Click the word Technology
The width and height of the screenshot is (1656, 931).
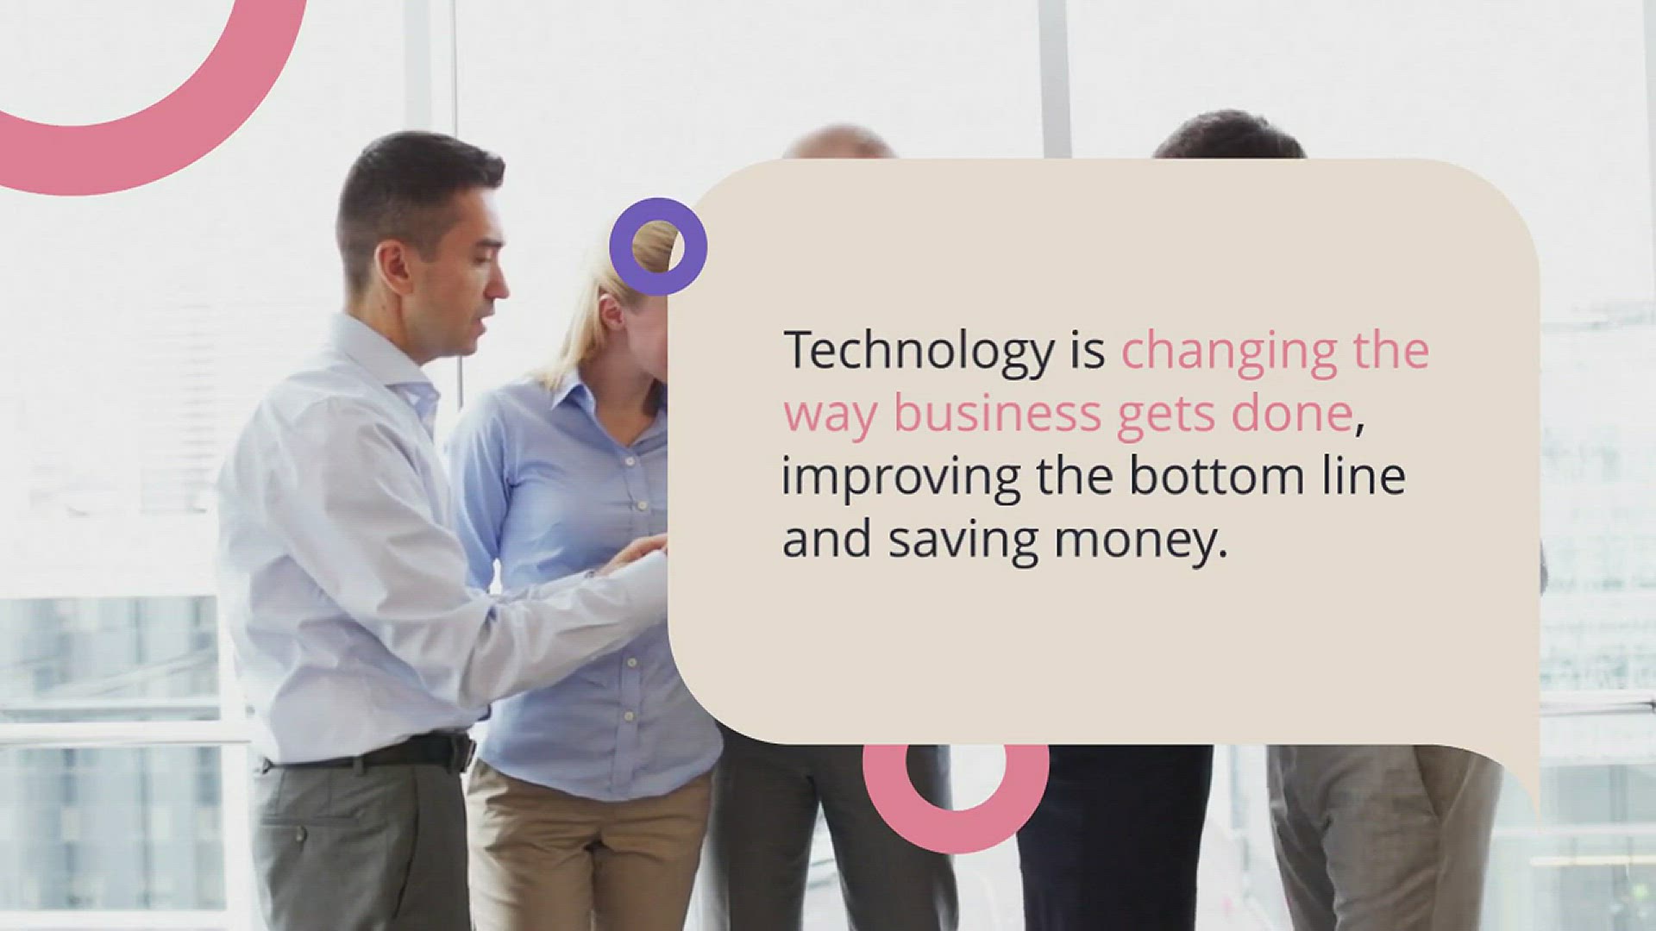[x=919, y=352]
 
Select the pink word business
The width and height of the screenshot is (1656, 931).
[x=997, y=414]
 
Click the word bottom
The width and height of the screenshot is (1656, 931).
[x=1217, y=476]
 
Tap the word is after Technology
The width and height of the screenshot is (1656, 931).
[x=1088, y=352]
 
